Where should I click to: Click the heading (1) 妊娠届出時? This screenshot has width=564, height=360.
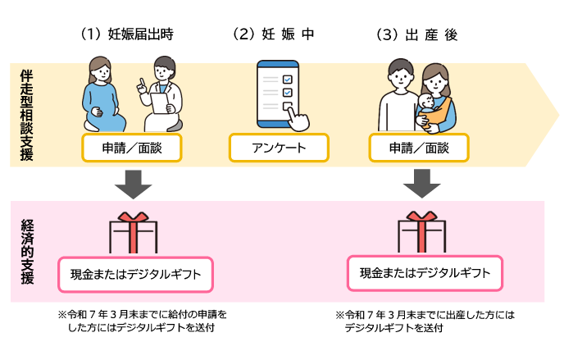pyautogui.click(x=126, y=34)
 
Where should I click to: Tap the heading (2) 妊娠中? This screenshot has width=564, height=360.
pyautogui.click(x=273, y=34)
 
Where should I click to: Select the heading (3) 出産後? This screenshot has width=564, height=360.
pyautogui.click(x=416, y=35)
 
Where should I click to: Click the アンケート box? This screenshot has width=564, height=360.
pyautogui.click(x=279, y=148)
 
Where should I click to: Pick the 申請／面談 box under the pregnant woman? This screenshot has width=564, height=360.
pyautogui.click(x=132, y=148)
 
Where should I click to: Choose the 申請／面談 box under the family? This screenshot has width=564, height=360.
pyautogui.click(x=419, y=148)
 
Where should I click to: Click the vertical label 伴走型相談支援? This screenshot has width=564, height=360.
pyautogui.click(x=26, y=115)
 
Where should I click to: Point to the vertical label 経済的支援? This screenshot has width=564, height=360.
pyautogui.click(x=27, y=252)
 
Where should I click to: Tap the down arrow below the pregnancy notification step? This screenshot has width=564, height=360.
pyautogui.click(x=134, y=185)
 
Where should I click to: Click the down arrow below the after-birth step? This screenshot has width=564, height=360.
pyautogui.click(x=421, y=184)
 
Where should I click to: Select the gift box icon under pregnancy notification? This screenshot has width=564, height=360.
pyautogui.click(x=134, y=232)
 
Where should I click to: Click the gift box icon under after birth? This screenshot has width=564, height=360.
pyautogui.click(x=421, y=231)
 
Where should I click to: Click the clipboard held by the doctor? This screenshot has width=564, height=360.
pyautogui.click(x=159, y=103)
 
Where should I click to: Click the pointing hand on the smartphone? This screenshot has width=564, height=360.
pyautogui.click(x=298, y=118)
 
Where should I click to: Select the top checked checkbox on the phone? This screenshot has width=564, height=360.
pyautogui.click(x=288, y=79)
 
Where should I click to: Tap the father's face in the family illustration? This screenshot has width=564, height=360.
pyautogui.click(x=400, y=76)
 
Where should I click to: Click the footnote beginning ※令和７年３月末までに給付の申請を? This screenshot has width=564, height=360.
pyautogui.click(x=142, y=321)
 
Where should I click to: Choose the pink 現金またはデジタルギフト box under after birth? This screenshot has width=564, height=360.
pyautogui.click(x=425, y=273)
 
